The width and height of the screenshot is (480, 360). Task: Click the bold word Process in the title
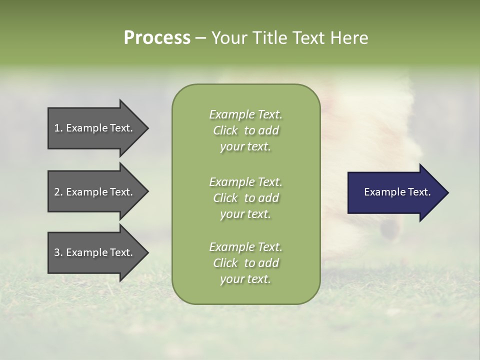pyautogui.click(x=157, y=38)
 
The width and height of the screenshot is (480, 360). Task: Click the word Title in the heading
pyautogui.click(x=269, y=38)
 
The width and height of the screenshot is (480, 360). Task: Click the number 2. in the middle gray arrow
pyautogui.click(x=58, y=192)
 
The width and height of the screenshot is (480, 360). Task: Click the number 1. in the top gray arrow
pyautogui.click(x=58, y=128)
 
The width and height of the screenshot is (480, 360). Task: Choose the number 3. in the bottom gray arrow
pyautogui.click(x=58, y=252)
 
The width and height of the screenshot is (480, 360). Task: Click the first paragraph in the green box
pyautogui.click(x=245, y=130)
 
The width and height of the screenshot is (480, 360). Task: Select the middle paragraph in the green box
pyautogui.click(x=245, y=198)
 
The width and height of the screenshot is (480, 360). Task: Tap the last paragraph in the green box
pyautogui.click(x=245, y=263)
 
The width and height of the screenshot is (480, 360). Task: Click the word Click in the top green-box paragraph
pyautogui.click(x=225, y=130)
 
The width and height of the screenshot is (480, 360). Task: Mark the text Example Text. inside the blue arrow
pyautogui.click(x=397, y=192)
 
